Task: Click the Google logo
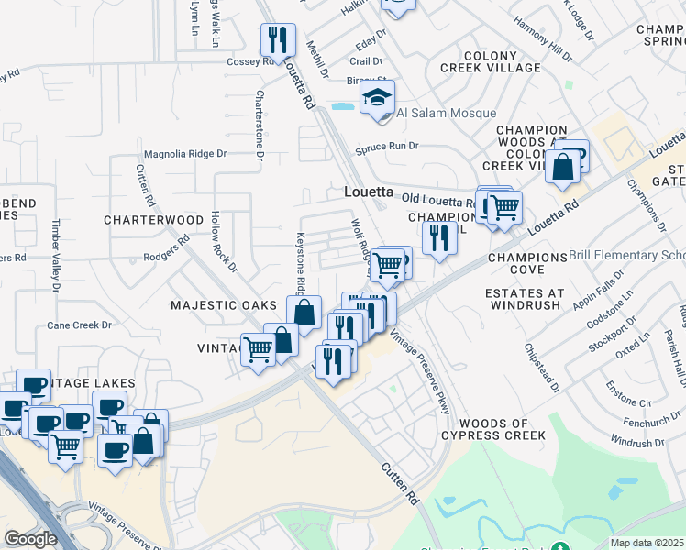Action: (30, 538)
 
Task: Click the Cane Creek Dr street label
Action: (79, 325)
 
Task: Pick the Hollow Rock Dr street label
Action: (224, 242)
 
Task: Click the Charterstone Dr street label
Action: (260, 126)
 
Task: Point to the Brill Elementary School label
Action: (627, 255)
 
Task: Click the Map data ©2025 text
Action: (647, 543)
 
